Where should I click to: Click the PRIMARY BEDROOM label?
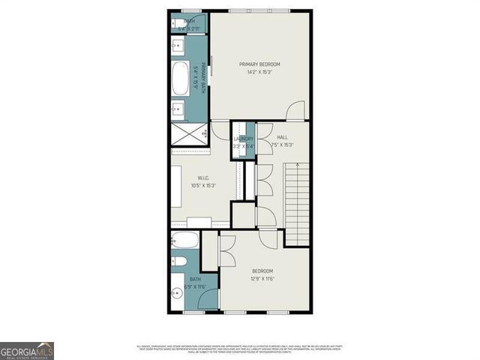tap(259, 64)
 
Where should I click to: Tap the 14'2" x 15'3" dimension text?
tap(259, 73)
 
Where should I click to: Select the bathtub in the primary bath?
tap(180, 79)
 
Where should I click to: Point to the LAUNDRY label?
tap(244, 139)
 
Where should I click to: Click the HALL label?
tap(282, 138)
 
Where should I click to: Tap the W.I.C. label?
tap(203, 178)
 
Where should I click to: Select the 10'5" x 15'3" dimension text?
tap(203, 185)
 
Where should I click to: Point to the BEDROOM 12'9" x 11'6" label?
tap(262, 274)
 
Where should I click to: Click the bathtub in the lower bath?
tap(184, 240)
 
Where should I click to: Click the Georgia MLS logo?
tap(27, 351)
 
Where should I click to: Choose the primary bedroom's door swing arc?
tap(295, 109)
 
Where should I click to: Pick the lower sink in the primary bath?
tap(177, 110)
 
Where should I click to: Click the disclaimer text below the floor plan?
tap(239, 348)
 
